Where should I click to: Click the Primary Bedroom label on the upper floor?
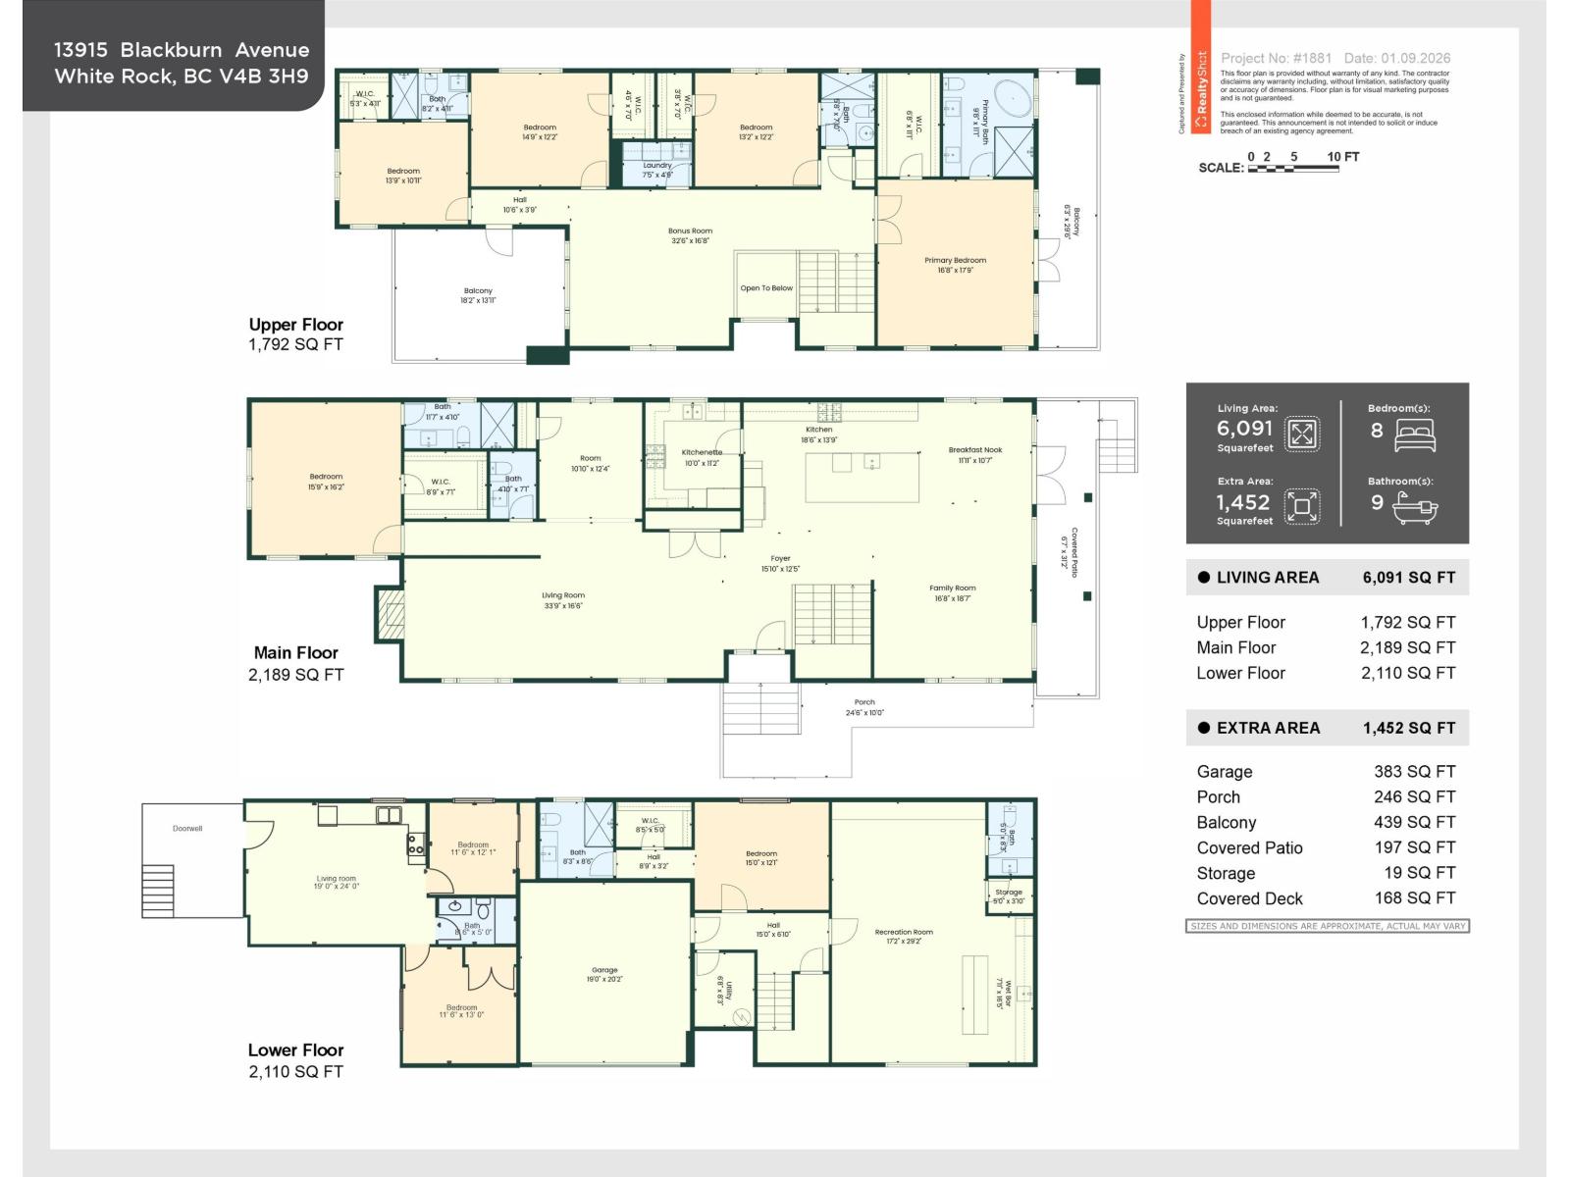coord(955,261)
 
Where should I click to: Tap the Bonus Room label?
coord(691,231)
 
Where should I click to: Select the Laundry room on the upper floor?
coord(657,166)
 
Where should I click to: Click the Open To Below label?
coord(766,288)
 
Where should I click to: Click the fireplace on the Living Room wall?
coord(391,615)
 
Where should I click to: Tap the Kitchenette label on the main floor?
coord(702,453)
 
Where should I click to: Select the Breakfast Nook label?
coord(975,450)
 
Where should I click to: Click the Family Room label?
coord(953,588)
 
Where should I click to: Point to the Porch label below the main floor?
coord(864,702)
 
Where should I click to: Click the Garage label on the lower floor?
coord(604,970)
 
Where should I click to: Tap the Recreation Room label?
coord(904,933)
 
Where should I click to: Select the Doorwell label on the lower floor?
coord(187,829)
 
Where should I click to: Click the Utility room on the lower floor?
coord(724,991)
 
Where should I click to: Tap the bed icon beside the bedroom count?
coord(1414,435)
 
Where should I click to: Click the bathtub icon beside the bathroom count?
coord(1414,507)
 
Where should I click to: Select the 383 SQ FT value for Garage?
coord(1414,772)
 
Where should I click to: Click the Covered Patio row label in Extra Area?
coord(1249,848)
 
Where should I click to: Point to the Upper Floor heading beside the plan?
coord(295,325)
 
